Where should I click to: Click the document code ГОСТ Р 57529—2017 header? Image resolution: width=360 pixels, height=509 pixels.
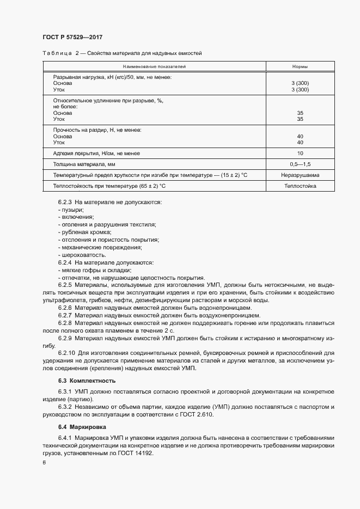click(72, 37)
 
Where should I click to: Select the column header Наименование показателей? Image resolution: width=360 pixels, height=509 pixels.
click(154, 66)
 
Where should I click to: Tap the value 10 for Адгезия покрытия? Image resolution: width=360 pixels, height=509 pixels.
click(300, 153)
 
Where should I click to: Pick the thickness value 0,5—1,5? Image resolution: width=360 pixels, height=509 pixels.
click(300, 164)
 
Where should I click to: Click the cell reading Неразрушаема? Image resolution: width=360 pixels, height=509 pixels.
click(300, 175)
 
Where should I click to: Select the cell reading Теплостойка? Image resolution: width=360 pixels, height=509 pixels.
click(300, 186)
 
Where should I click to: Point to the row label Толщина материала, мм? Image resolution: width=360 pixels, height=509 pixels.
click(84, 164)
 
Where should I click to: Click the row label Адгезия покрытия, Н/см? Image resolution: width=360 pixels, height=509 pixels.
click(96, 153)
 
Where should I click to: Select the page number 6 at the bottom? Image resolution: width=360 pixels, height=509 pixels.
click(44, 462)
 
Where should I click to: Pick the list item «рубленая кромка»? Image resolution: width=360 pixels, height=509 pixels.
click(84, 232)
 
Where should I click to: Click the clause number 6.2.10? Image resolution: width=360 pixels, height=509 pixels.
click(68, 353)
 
